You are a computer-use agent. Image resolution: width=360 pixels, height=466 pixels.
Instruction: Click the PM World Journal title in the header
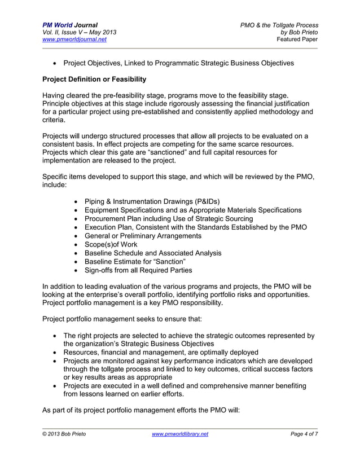pyautogui.click(x=69, y=25)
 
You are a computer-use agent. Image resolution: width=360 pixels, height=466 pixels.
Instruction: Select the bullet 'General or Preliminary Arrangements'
pyautogui.click(x=143, y=236)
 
